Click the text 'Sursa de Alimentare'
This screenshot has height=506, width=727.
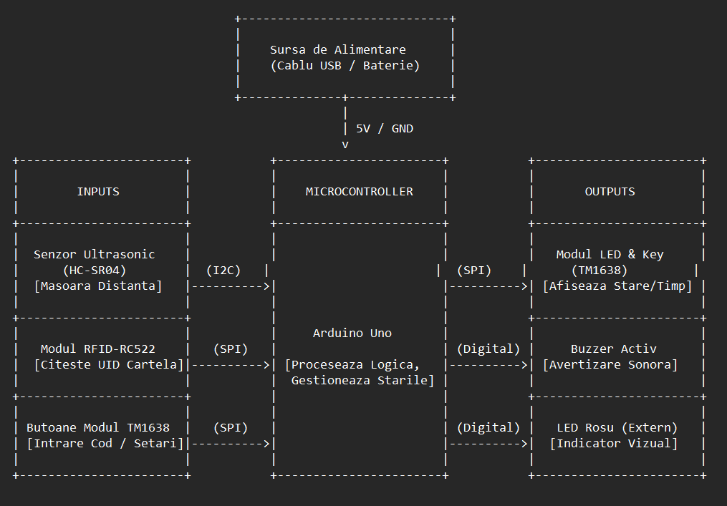tap(338, 49)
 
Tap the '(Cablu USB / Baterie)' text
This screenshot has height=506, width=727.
tap(345, 65)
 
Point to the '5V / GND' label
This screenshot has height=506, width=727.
tap(385, 128)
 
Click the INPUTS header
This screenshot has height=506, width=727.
tap(98, 191)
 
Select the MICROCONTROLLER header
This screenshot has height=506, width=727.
tap(360, 191)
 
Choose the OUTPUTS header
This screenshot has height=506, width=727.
tap(610, 191)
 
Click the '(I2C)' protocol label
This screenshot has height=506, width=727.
tap(223, 270)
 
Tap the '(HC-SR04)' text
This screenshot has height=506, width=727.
tap(95, 270)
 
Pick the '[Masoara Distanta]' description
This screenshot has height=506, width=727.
tap(98, 286)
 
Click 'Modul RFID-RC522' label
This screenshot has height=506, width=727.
tap(98, 349)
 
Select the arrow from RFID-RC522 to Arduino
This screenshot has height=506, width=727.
tap(231, 365)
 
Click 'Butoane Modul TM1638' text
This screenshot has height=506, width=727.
tap(98, 428)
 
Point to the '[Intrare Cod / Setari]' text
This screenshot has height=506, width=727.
tap(105, 444)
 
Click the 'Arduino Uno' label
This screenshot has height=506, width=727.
tap(352, 334)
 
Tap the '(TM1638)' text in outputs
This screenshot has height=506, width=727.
tap(600, 270)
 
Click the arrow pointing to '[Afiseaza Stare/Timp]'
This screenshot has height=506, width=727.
tap(488, 286)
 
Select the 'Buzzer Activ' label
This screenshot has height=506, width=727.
tap(614, 349)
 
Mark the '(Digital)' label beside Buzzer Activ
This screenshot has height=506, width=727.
tap(488, 349)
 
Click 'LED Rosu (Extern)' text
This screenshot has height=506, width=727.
tap(617, 428)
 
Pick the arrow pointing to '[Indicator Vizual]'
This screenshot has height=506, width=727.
tap(488, 444)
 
